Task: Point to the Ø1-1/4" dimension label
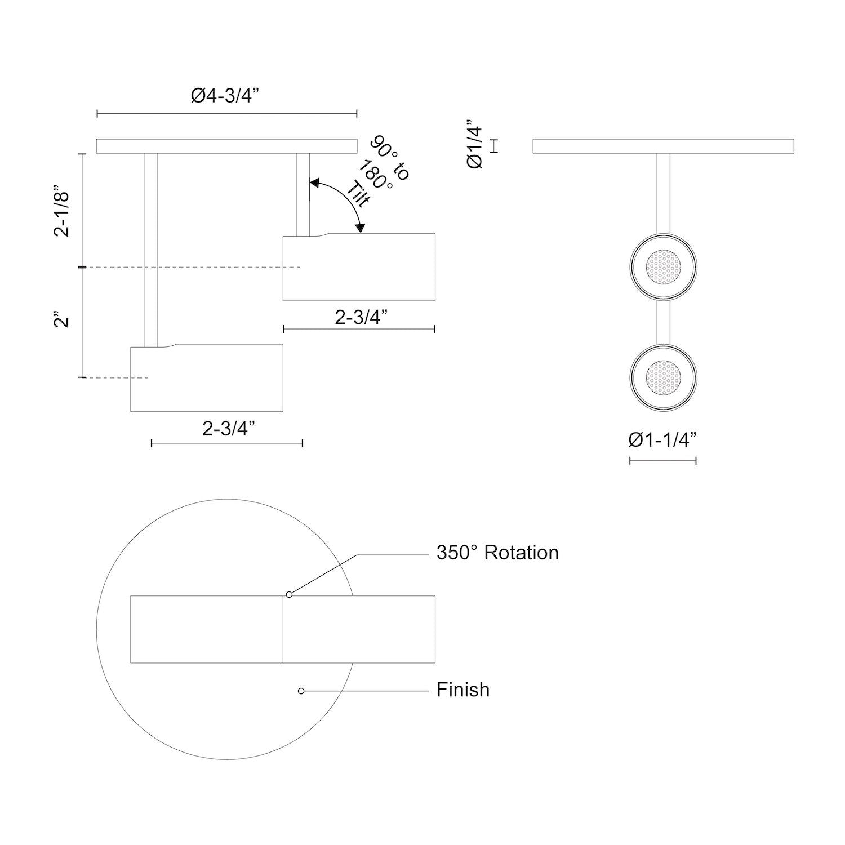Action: [x=662, y=439]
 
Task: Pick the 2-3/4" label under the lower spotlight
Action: [x=228, y=429]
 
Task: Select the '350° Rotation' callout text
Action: [x=497, y=553]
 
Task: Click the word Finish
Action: [x=462, y=690]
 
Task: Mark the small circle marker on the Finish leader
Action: [x=301, y=691]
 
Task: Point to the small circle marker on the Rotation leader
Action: [x=289, y=594]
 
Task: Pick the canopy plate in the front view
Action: [x=663, y=146]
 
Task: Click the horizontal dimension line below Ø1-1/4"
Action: [x=662, y=461]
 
